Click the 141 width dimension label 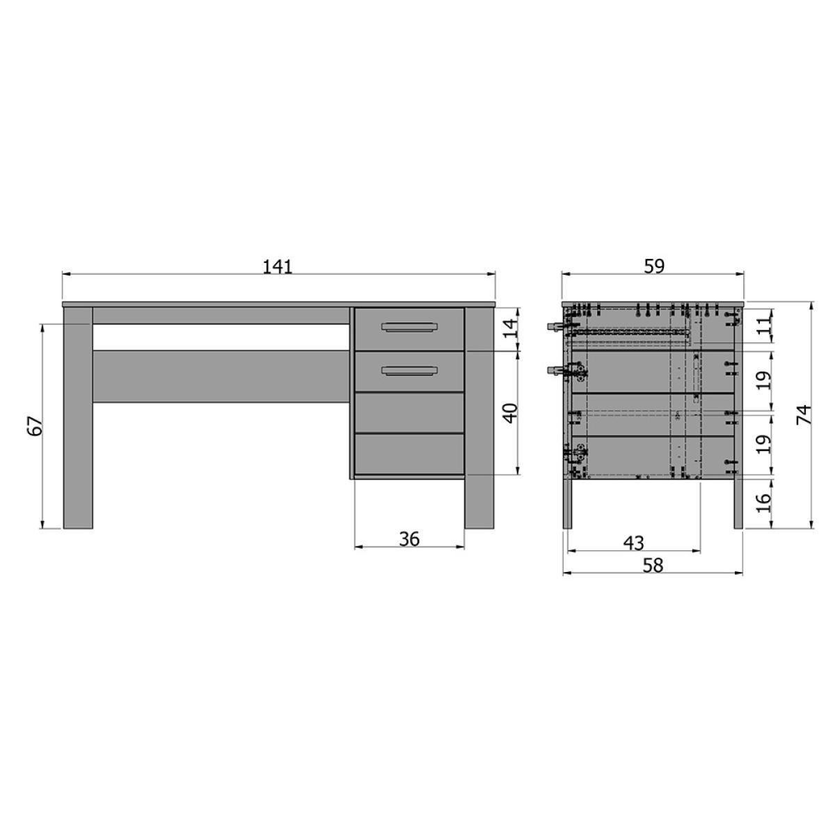pyautogui.click(x=278, y=267)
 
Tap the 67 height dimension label pyautogui.click(x=36, y=426)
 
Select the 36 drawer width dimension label pyautogui.click(x=409, y=539)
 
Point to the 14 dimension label pyautogui.click(x=511, y=328)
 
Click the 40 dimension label pyautogui.click(x=511, y=413)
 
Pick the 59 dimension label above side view pyautogui.click(x=653, y=267)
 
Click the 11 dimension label pyautogui.click(x=765, y=324)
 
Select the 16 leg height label pyautogui.click(x=765, y=502)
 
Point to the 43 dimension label pyautogui.click(x=633, y=543)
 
